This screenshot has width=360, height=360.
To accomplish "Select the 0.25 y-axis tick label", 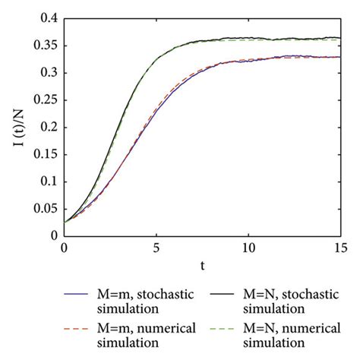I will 46,101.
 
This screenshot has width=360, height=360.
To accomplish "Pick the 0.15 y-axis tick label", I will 46,155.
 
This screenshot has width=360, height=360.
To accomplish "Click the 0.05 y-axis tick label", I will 46,209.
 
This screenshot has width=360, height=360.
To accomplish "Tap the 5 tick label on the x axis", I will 157,248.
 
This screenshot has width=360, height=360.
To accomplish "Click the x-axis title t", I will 204,266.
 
